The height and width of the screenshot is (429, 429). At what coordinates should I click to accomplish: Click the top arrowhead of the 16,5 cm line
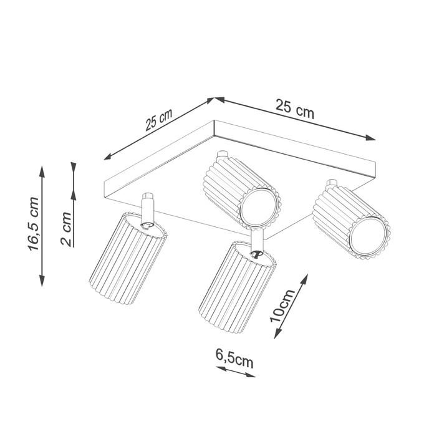[42, 170]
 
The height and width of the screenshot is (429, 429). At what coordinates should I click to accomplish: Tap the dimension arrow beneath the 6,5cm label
[235, 372]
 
